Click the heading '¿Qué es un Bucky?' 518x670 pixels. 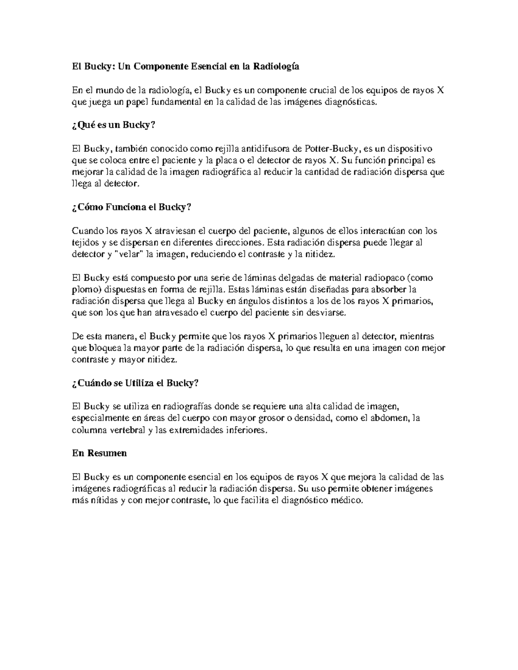(x=113, y=125)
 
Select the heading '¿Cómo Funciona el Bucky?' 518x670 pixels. (x=131, y=207)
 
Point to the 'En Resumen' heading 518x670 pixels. (x=99, y=453)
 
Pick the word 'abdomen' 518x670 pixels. (x=392, y=418)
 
